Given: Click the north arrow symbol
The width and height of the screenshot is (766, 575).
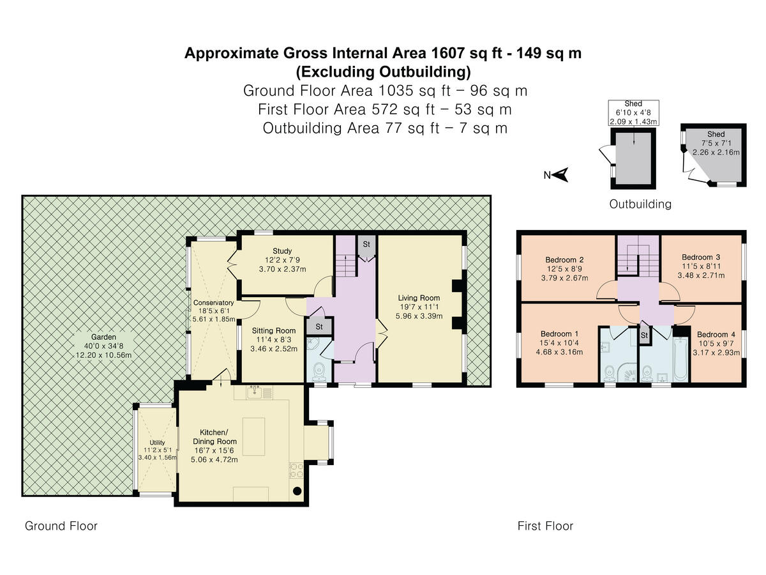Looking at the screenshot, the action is click(x=560, y=174).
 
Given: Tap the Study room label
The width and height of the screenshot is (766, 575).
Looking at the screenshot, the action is click(x=282, y=251).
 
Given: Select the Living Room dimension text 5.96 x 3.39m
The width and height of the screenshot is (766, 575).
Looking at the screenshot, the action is click(x=419, y=316).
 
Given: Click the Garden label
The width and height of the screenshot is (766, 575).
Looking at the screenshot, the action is click(x=103, y=337).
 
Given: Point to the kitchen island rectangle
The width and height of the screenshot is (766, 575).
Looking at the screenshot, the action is click(x=253, y=436).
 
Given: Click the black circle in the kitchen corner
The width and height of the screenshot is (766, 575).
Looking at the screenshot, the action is click(x=297, y=491).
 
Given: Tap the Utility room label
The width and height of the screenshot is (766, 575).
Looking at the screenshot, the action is click(x=157, y=442).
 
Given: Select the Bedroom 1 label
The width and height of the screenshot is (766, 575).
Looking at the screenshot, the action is click(x=559, y=333).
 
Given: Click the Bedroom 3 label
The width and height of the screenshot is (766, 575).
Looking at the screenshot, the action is click(x=701, y=257).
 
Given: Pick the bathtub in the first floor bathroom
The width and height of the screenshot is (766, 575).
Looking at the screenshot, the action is click(x=680, y=358).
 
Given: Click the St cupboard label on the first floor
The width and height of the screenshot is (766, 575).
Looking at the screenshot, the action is click(x=644, y=335).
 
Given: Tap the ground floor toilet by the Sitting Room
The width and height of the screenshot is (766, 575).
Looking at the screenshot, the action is click(x=319, y=372).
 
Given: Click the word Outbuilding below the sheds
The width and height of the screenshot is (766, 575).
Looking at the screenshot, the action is click(x=640, y=204).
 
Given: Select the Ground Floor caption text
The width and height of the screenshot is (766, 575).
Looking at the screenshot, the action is click(x=61, y=526).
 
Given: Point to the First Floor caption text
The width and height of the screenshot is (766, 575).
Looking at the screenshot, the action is click(x=545, y=526).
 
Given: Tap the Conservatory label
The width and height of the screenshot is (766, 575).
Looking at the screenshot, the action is click(x=213, y=303).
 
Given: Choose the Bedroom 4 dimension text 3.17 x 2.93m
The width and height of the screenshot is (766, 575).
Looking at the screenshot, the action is click(x=716, y=353).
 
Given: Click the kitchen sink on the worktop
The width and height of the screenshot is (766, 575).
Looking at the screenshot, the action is click(x=255, y=393).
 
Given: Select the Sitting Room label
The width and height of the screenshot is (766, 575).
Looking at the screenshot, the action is click(x=274, y=330).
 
